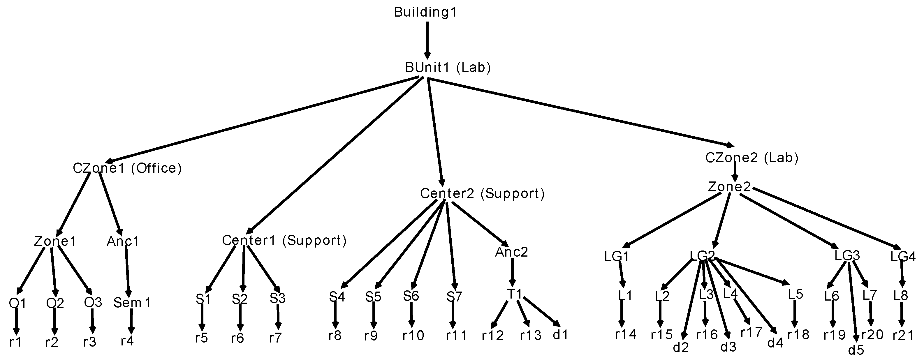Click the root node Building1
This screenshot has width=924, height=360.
pos(425,12)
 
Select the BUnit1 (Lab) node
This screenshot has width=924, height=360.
pos(448,67)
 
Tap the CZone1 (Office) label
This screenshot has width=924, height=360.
pos(127,168)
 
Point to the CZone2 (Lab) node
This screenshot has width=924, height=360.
pos(752,158)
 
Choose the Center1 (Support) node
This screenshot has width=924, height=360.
pos(284,241)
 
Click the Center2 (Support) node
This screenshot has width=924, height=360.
pos(482,194)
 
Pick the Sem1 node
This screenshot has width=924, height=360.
pos(132,303)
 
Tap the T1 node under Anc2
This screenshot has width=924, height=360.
pos(514,294)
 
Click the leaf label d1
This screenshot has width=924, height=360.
pos(561,335)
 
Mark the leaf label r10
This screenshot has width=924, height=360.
pos(413,336)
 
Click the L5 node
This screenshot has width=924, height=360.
pos(795,294)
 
